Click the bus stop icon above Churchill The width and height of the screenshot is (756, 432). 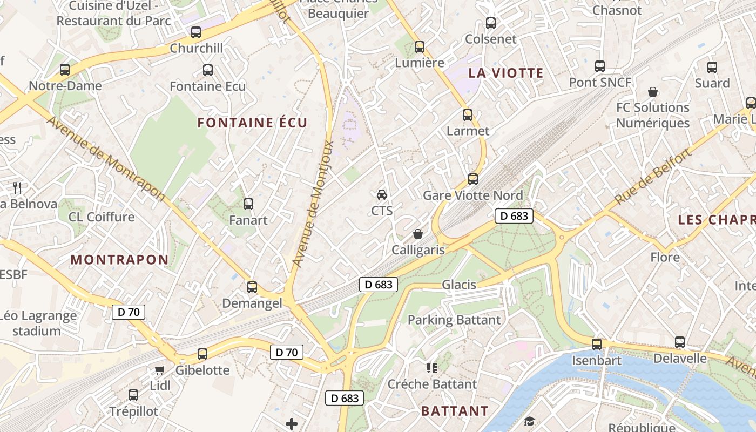click(x=196, y=32)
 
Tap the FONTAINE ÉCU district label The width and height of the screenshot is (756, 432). click(x=252, y=123)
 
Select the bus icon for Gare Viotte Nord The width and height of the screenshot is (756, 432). click(x=473, y=179)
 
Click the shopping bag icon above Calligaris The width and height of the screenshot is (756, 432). click(x=418, y=234)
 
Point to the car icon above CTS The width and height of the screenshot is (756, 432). click(x=382, y=194)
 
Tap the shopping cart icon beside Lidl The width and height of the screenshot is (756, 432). click(x=159, y=370)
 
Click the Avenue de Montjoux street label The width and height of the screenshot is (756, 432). click(x=314, y=204)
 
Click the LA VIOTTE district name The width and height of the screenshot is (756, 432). click(x=505, y=73)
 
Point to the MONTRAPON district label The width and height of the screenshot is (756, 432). click(x=120, y=260)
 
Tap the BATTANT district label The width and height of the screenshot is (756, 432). click(x=455, y=411)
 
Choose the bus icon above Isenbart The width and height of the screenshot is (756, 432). click(x=597, y=344)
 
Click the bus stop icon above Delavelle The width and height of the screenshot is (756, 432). click(x=680, y=342)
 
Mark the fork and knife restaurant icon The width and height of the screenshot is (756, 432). click(x=17, y=188)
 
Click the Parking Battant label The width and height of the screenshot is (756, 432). click(x=454, y=320)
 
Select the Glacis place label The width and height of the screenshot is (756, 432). click(x=459, y=285)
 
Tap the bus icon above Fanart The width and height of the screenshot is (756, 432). click(x=248, y=204)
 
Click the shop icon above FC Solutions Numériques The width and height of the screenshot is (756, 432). click(x=653, y=92)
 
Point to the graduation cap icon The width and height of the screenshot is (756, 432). click(x=529, y=421)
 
